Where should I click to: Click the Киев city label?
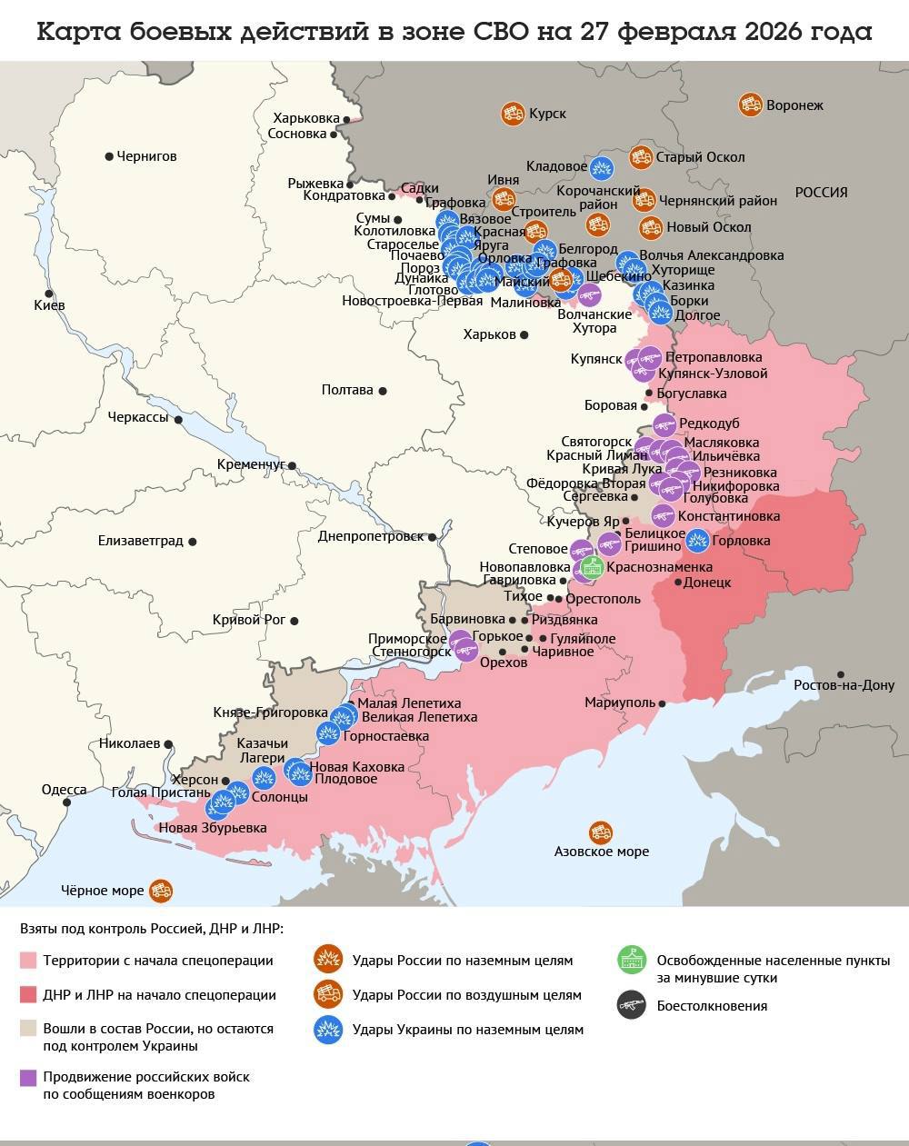tap(49, 305)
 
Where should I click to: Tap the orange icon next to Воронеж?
tap(751, 105)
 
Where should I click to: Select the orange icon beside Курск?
tap(513, 114)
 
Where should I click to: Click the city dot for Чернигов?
tap(110, 156)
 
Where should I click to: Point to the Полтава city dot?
tap(383, 391)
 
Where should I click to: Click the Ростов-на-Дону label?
tap(844, 685)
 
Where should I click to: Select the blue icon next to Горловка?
tap(697, 541)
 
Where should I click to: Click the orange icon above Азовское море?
tap(601, 832)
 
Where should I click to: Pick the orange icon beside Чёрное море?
tap(162, 891)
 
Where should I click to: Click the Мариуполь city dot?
tap(663, 703)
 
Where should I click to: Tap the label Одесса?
tap(64, 790)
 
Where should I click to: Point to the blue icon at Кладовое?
tap(602, 167)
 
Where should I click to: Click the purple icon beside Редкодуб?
tap(664, 424)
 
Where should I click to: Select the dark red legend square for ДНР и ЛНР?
tap(28, 994)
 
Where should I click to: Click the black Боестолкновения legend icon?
tap(631, 1005)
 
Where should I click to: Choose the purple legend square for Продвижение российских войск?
tap(28, 1078)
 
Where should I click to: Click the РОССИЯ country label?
tap(821, 193)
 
